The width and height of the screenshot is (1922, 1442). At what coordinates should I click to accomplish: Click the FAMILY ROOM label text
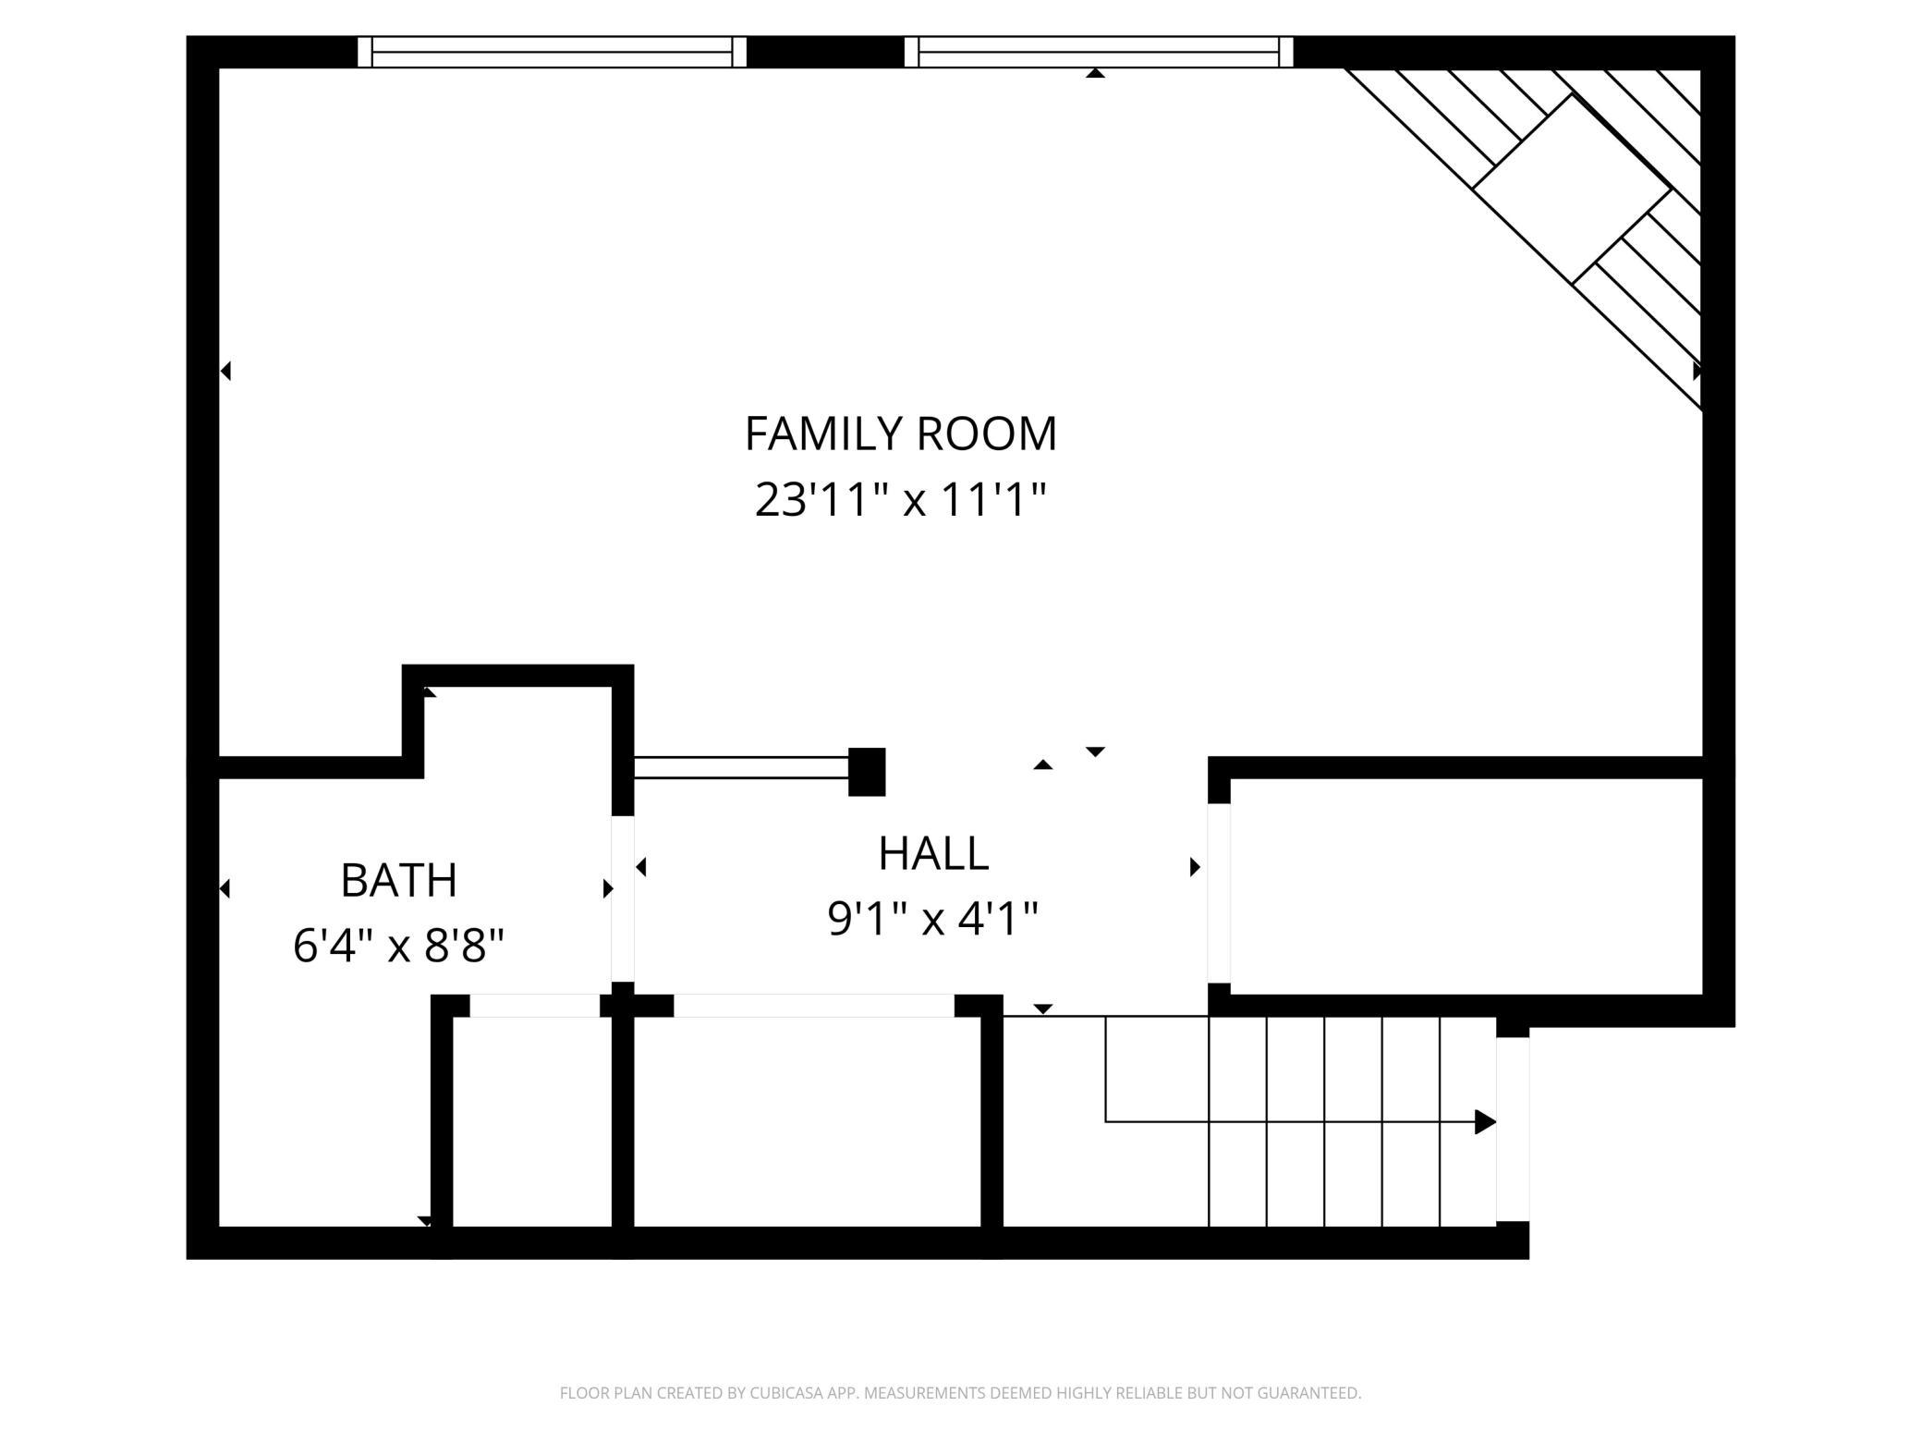[900, 434]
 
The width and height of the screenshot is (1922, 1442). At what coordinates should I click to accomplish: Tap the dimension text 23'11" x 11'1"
[900, 500]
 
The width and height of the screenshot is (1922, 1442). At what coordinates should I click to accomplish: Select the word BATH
[398, 880]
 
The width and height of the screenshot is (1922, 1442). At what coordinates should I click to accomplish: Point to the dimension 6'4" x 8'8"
[398, 946]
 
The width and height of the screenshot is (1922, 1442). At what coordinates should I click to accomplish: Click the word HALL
[933, 853]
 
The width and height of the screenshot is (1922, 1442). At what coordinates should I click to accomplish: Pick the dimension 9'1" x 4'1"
[933, 919]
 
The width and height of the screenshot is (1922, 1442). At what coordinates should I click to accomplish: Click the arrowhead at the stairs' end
[1484, 1122]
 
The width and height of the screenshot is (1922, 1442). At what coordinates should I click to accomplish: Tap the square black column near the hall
[867, 772]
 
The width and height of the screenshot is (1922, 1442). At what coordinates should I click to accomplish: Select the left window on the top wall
[552, 52]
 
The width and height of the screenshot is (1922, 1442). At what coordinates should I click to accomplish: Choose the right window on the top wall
[1098, 52]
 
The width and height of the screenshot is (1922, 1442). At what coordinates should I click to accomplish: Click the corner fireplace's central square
[1571, 189]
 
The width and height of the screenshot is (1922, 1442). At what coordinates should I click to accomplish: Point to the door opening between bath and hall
[623, 898]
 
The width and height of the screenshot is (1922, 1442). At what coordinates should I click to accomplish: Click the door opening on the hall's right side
[1219, 893]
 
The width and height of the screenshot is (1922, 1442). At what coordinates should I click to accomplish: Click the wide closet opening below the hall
[813, 1006]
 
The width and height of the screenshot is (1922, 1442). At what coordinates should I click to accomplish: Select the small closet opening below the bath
[535, 1006]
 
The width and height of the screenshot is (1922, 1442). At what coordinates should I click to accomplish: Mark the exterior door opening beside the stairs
[1513, 1129]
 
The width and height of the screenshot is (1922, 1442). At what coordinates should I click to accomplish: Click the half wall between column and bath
[741, 767]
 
